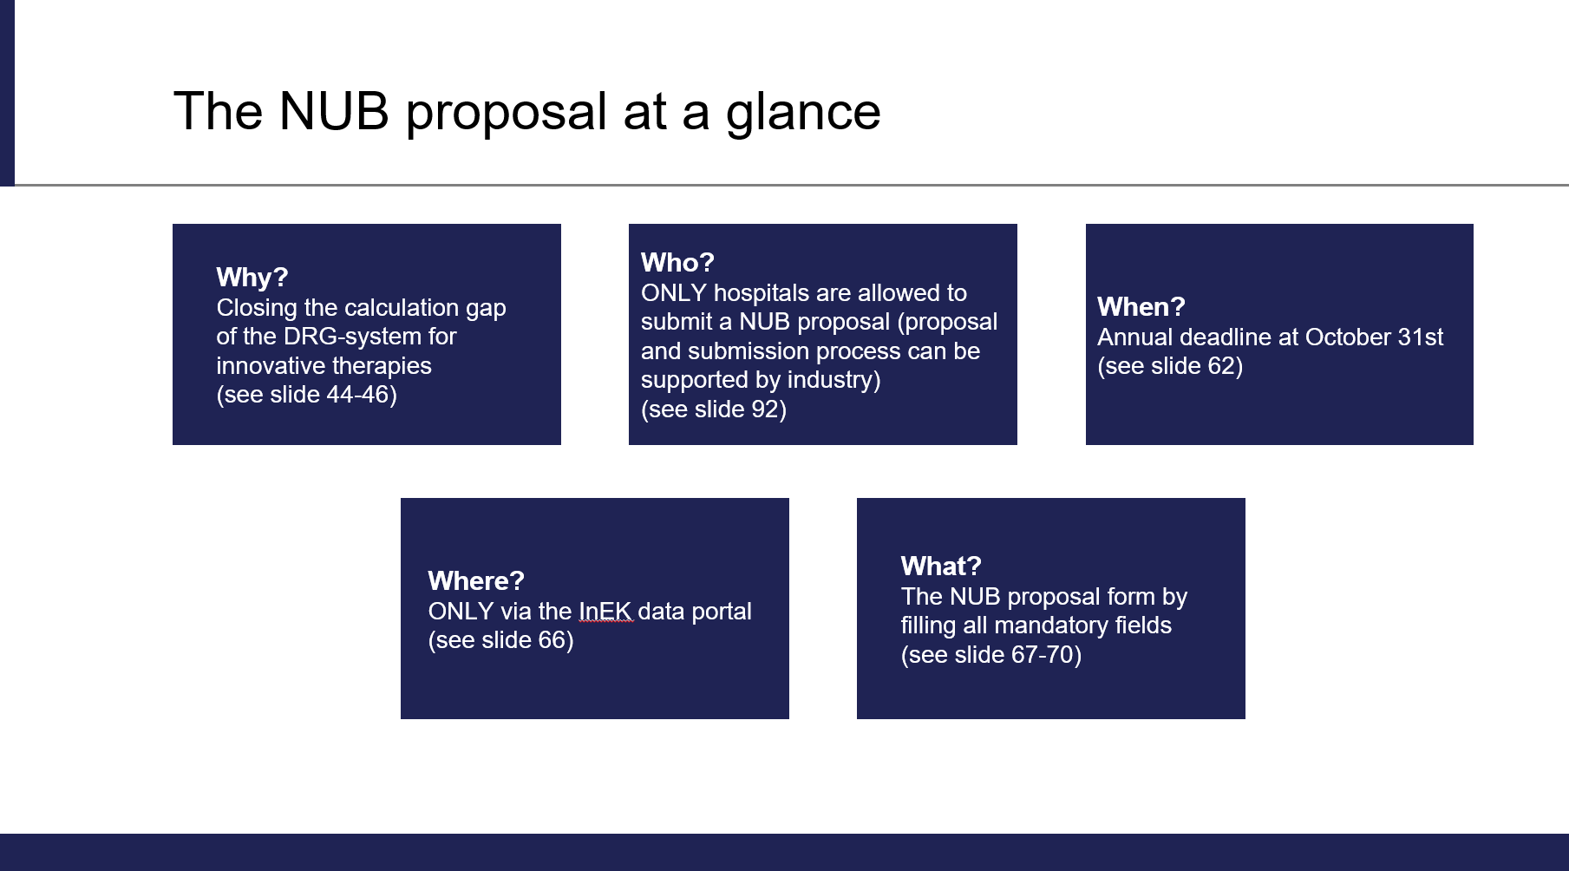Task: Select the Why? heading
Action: click(252, 278)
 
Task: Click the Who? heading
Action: click(677, 263)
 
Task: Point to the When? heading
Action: click(1141, 307)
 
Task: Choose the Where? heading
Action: click(476, 581)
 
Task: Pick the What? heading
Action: click(941, 566)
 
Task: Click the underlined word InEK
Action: click(605, 612)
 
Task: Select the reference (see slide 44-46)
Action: click(307, 395)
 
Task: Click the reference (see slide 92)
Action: click(714, 409)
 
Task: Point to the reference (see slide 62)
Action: click(1170, 366)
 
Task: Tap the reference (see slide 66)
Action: click(501, 640)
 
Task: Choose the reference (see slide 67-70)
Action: click(991, 655)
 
